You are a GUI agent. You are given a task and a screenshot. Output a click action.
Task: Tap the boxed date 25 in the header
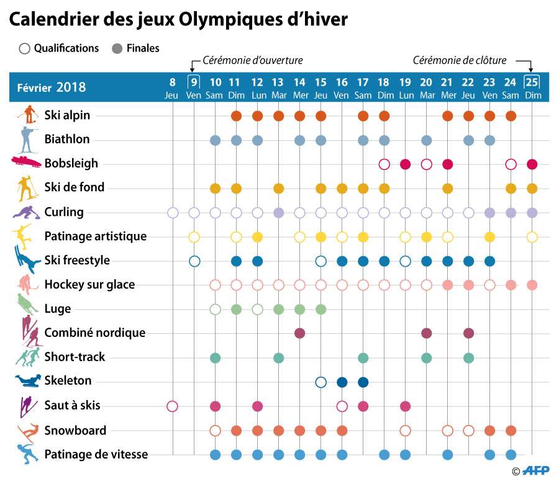[x=532, y=81]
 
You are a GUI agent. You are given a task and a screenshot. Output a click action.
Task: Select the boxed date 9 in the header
[x=194, y=81]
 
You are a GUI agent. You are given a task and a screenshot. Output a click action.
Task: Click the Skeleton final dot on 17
[x=363, y=382]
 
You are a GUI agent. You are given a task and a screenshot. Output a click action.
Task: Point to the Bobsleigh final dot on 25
[x=532, y=164]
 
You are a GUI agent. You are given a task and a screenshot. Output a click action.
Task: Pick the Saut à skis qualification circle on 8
[x=173, y=406]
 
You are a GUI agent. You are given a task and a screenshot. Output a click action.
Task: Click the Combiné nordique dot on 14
[x=299, y=333]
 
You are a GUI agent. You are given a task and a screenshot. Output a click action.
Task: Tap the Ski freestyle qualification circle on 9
[x=194, y=261]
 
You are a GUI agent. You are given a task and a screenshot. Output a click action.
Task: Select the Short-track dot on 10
[x=215, y=357]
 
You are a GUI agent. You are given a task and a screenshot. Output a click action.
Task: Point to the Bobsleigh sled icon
[x=26, y=162]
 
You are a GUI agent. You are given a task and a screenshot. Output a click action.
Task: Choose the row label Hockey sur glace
[x=89, y=285]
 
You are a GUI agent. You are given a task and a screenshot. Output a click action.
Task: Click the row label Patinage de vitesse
[x=96, y=454]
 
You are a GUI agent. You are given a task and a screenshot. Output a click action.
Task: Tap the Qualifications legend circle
[x=25, y=48]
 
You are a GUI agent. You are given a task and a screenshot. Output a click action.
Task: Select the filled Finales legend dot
[x=116, y=48]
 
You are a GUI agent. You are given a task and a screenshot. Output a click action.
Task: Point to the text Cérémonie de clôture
[x=460, y=60]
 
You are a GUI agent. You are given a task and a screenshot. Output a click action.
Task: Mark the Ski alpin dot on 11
[x=236, y=115]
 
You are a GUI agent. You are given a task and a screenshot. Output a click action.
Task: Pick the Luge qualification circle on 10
[x=215, y=309]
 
